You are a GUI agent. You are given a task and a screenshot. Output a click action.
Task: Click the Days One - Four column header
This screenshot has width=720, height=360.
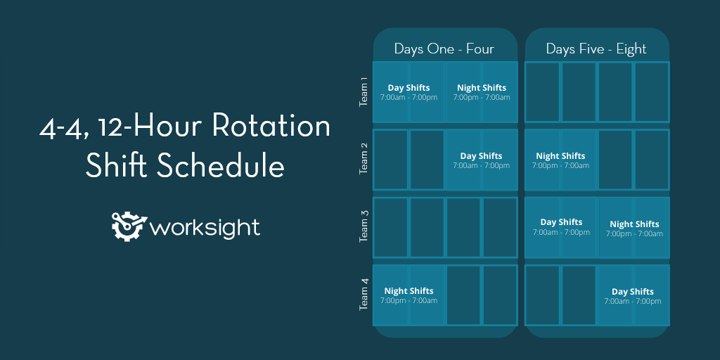click(444, 49)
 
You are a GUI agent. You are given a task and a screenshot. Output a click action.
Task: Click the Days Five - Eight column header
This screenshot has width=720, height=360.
click(596, 49)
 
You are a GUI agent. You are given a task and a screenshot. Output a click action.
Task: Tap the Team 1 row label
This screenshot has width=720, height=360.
click(364, 91)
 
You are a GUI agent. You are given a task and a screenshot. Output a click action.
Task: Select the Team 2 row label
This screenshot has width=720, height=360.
click(364, 159)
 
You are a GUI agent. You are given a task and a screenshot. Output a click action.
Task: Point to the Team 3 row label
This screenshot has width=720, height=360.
click(364, 227)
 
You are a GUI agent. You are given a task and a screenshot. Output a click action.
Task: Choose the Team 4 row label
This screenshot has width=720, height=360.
click(364, 295)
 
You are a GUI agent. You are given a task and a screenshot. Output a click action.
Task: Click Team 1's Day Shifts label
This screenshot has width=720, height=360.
click(409, 88)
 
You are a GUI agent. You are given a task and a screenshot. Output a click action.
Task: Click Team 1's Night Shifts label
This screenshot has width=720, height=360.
click(482, 88)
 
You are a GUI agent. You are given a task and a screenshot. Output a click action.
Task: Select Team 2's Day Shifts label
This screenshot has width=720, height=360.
click(481, 156)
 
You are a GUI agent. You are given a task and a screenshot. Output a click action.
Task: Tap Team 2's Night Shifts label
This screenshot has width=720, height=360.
click(560, 156)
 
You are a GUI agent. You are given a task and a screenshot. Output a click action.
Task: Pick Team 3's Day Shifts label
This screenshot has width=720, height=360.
click(561, 222)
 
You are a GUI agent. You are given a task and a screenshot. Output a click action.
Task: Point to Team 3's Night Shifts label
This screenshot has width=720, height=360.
click(634, 224)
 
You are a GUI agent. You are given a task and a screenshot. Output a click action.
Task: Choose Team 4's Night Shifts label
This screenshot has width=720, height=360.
click(409, 291)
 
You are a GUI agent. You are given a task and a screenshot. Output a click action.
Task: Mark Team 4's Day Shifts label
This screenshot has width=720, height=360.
click(633, 292)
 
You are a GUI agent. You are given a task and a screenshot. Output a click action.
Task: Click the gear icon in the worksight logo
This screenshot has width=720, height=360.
click(129, 226)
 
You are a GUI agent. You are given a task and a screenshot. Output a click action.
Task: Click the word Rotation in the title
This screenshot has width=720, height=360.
click(271, 127)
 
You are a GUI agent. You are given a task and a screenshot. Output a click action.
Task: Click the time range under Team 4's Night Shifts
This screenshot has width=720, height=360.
click(409, 301)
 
